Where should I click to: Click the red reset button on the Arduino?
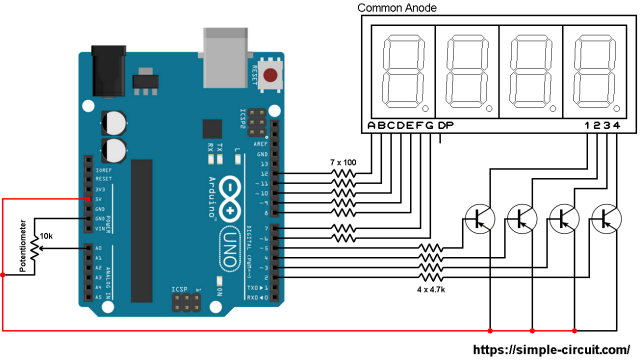point(270,74)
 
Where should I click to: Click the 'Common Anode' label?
point(398,8)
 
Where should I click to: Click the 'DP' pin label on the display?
point(446,125)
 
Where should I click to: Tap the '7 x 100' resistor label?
point(342,162)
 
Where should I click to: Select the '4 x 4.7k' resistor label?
point(430,291)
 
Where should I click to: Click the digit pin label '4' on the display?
point(618,125)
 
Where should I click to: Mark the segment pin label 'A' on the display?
point(372,125)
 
